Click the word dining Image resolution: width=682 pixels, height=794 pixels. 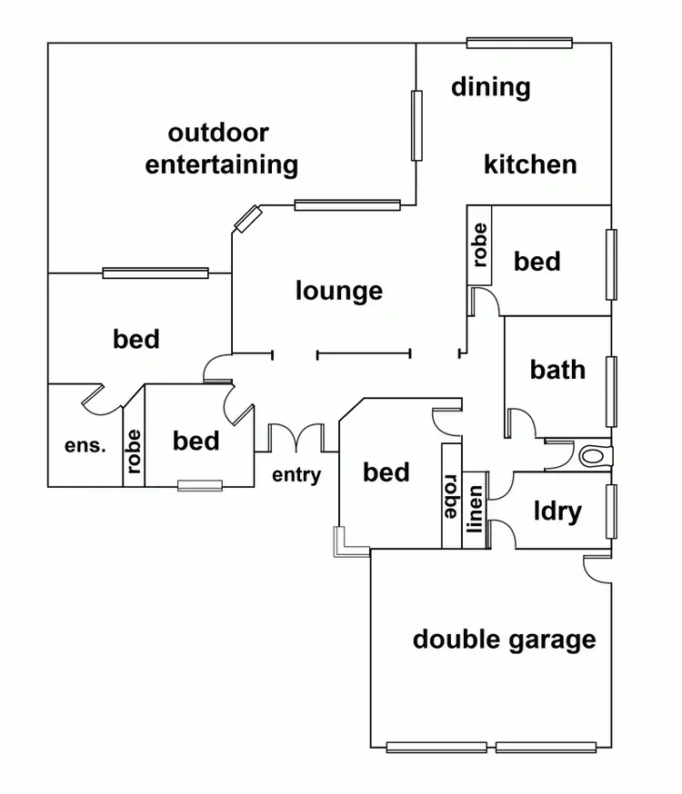[x=491, y=88]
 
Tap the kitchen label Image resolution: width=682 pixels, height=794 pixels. [x=530, y=164]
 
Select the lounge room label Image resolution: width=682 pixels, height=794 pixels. [x=339, y=292]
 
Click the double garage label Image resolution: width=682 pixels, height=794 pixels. [x=504, y=640]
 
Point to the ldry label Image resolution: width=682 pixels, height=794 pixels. [x=557, y=511]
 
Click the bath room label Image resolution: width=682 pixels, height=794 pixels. [x=557, y=370]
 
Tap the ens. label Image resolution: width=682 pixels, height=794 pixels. [x=85, y=445]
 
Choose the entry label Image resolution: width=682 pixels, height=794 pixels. [x=296, y=474]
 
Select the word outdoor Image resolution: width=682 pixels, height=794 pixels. [x=218, y=133]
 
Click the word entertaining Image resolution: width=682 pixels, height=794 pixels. [x=222, y=165]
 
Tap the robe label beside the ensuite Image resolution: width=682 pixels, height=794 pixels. [x=134, y=446]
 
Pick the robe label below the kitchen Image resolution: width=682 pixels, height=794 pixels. [x=479, y=243]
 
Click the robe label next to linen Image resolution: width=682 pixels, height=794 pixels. [x=449, y=495]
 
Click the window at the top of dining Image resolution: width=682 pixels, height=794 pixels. [x=519, y=42]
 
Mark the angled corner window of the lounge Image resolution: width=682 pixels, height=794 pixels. [x=246, y=218]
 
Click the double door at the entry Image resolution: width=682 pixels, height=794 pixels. [x=296, y=437]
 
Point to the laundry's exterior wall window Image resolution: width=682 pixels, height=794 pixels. [x=611, y=511]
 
